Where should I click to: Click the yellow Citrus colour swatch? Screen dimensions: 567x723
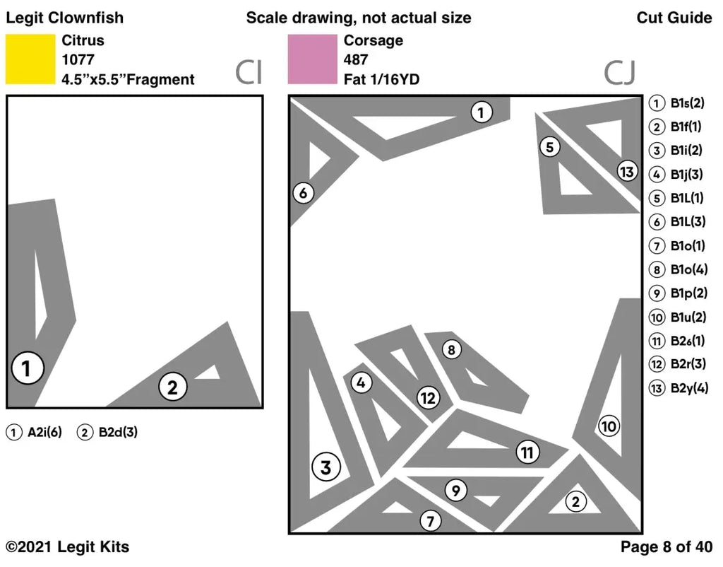[30, 59]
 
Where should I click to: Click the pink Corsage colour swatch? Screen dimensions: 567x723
[312, 59]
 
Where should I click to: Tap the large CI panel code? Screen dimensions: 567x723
[249, 73]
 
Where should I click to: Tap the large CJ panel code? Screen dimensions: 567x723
[619, 73]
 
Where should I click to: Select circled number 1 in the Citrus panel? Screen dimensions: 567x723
[28, 368]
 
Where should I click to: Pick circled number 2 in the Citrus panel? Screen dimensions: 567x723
[172, 387]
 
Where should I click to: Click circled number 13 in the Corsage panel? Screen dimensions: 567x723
[626, 171]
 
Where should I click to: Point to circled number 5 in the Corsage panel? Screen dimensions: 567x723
[549, 147]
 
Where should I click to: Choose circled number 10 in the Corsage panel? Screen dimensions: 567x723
[609, 426]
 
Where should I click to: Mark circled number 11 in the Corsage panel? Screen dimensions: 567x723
[527, 452]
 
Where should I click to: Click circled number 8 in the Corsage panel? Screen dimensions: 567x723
[452, 349]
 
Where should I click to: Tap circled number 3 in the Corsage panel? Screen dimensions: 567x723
[325, 467]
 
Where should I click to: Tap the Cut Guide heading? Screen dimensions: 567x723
[674, 18]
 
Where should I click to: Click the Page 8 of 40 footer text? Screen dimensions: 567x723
[666, 546]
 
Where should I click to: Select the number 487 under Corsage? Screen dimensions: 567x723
[355, 60]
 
